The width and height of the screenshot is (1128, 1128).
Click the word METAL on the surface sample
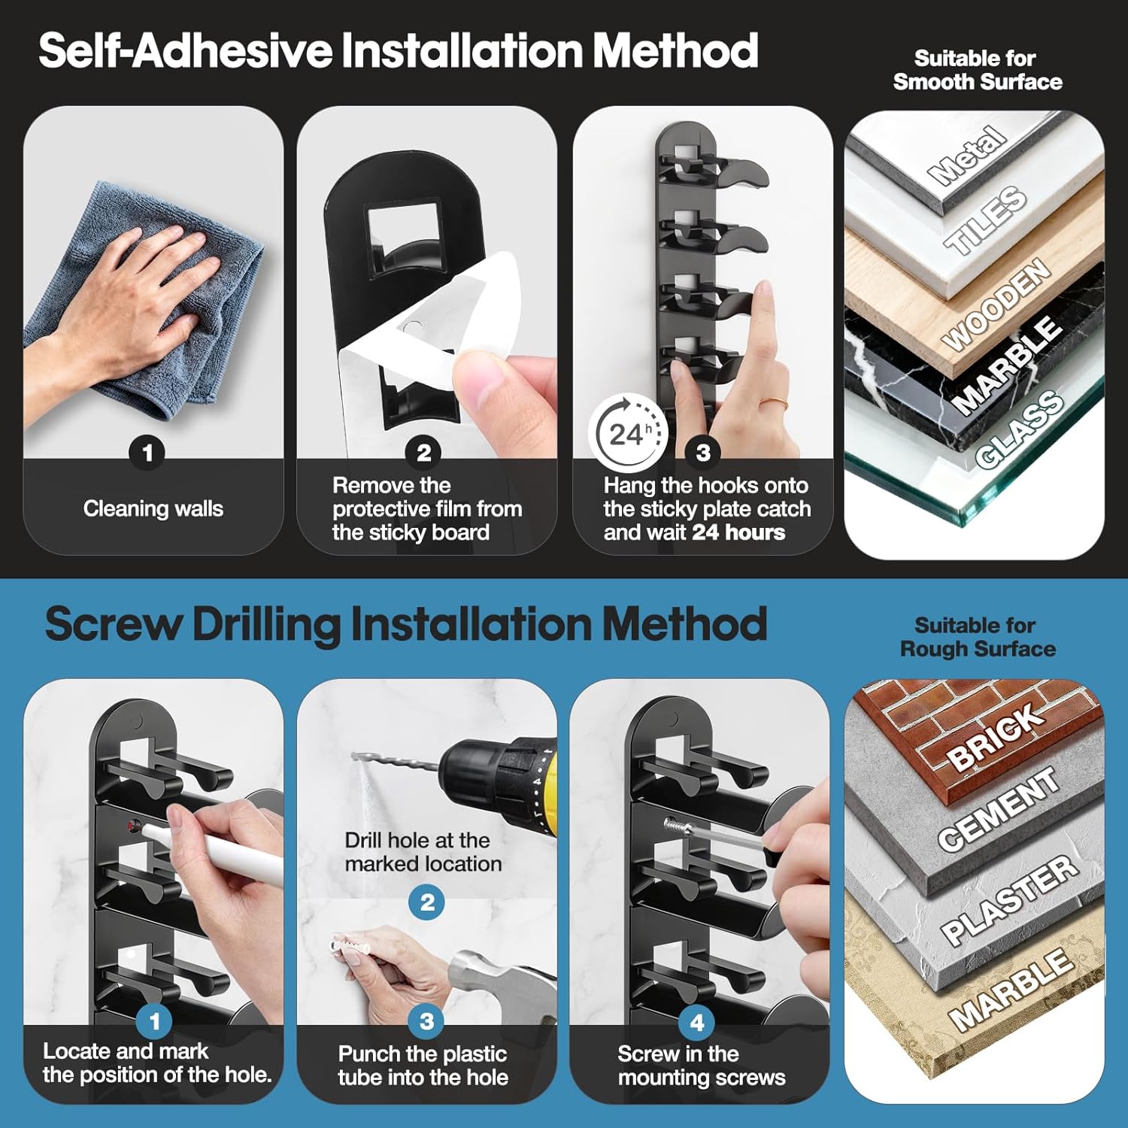click(x=968, y=156)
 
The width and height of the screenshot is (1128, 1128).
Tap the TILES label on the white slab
click(x=986, y=220)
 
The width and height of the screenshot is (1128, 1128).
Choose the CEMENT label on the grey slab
click(x=999, y=809)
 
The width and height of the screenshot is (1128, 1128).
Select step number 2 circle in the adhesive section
click(x=424, y=453)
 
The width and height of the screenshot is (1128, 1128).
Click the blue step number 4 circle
click(x=697, y=1022)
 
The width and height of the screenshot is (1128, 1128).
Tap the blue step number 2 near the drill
click(x=427, y=902)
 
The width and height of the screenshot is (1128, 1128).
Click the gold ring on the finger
click(x=773, y=405)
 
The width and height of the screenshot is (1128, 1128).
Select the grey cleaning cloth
click(x=143, y=301)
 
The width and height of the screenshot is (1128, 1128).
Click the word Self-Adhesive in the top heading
click(x=186, y=51)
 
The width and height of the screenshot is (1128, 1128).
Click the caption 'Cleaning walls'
click(x=153, y=509)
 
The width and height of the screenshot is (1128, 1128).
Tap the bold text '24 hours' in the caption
click(x=738, y=532)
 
